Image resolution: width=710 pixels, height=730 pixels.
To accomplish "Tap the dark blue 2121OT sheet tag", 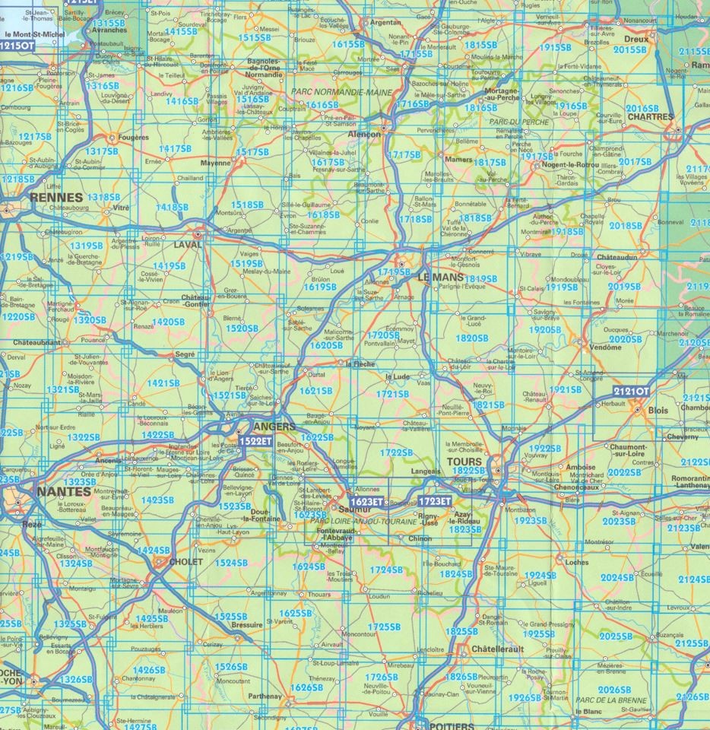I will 632,391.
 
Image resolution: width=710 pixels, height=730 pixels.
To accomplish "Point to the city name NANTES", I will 63,491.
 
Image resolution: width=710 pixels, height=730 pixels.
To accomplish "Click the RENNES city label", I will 55,196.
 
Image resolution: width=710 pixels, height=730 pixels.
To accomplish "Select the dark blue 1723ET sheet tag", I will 436,503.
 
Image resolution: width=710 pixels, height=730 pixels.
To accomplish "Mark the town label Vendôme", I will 605,347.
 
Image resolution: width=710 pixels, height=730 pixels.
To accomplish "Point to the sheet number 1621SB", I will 316,391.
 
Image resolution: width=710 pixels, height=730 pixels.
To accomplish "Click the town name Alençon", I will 363,134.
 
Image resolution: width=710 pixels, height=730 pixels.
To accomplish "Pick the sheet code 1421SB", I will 165,384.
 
